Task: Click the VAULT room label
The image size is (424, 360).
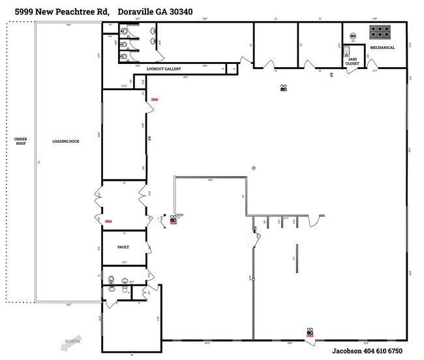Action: pyautogui.click(x=123, y=247)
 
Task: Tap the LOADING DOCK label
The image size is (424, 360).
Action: pyautogui.click(x=66, y=141)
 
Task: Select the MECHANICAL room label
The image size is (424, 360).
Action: pyautogui.click(x=382, y=48)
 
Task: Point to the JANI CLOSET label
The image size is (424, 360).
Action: pyautogui.click(x=352, y=61)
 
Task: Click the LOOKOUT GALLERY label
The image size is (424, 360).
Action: pyautogui.click(x=164, y=68)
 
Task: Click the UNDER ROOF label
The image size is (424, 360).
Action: pyautogui.click(x=20, y=141)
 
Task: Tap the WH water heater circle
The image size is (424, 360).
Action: pyautogui.click(x=353, y=37)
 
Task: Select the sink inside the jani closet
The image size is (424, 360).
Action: pyautogui.click(x=348, y=50)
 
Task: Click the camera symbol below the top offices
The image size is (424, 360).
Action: pyautogui.click(x=284, y=87)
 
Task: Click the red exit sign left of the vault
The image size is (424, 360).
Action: pyautogui.click(x=108, y=221)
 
